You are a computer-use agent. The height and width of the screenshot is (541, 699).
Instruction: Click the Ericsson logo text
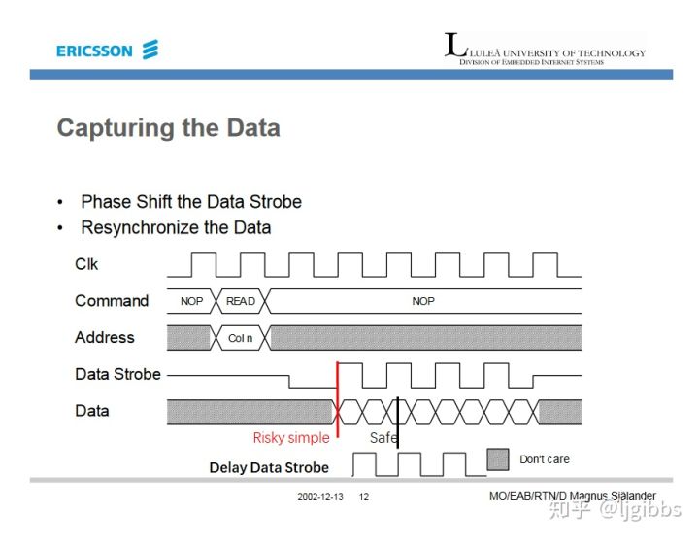pos(94,51)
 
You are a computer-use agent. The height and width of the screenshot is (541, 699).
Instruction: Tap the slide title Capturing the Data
pos(168,128)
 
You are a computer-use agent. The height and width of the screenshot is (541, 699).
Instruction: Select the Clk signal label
pos(86,264)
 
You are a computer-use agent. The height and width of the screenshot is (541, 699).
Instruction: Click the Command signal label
pos(112,301)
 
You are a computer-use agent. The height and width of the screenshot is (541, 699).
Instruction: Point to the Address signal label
pos(104,338)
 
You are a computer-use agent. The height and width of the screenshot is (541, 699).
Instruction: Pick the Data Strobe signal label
pos(117,374)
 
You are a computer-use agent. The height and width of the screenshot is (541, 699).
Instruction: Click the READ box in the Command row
pos(241,301)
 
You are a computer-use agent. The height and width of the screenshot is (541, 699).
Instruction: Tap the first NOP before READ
pos(192,301)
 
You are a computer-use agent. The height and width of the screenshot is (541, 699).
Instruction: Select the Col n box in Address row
pos(240,338)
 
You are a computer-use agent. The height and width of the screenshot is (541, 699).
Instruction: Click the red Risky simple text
pos(291,438)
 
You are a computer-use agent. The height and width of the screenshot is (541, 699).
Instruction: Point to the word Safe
pos(383,438)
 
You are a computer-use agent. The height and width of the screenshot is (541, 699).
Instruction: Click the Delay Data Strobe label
pos(269,468)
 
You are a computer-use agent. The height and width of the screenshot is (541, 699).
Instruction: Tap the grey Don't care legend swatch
pos(498,458)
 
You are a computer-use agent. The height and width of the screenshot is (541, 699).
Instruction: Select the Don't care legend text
pos(545,459)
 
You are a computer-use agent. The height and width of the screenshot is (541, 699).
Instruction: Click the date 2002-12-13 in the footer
pos(319,497)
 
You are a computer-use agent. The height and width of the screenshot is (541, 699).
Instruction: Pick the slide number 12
pos(364,497)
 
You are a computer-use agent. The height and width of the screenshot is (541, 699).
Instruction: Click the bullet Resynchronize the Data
pos(176,228)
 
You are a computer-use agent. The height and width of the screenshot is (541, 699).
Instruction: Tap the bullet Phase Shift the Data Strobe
pos(191,202)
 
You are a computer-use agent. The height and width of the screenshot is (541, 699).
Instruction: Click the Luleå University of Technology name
pos(552,52)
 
